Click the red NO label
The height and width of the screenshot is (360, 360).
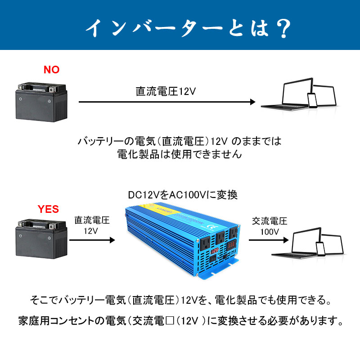coord(51,70)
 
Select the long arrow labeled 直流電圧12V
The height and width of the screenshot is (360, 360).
coord(167,102)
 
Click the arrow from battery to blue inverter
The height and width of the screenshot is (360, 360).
coord(92,240)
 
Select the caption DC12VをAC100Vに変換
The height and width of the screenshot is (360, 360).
coord(182,195)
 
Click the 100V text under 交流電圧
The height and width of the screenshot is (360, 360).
coord(270,232)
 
